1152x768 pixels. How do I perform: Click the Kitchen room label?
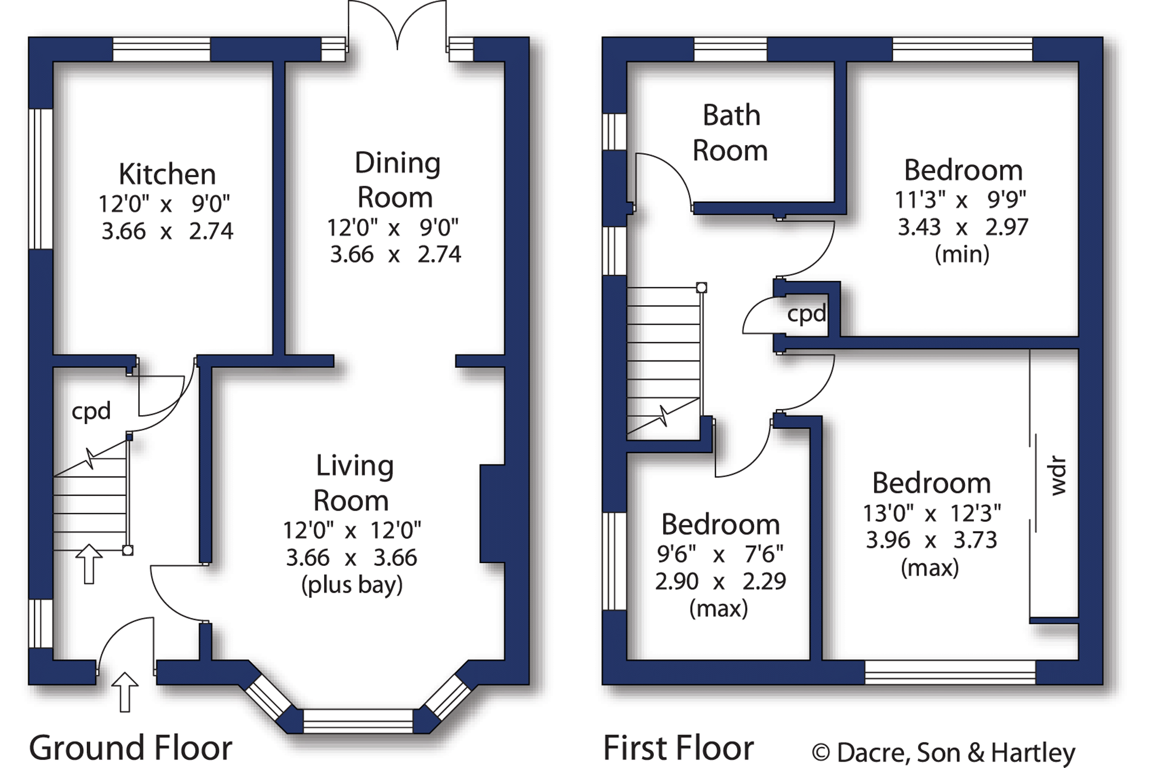[x=167, y=175]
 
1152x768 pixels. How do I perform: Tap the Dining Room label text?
[x=397, y=180]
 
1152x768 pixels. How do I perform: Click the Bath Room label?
[x=730, y=133]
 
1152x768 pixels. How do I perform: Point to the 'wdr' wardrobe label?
[x=1058, y=476]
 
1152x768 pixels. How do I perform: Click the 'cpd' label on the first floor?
[x=806, y=314]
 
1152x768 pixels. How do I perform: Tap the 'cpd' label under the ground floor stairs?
[x=91, y=411]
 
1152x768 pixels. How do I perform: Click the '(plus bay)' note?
[x=352, y=585]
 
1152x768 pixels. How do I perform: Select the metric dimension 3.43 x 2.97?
[x=963, y=227]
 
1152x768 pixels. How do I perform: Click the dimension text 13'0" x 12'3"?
[x=931, y=513]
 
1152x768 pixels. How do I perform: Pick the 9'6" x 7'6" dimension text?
[x=720, y=554]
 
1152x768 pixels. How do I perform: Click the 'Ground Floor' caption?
[x=131, y=748]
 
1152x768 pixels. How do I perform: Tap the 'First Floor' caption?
[x=678, y=748]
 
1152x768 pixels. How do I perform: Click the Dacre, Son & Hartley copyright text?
[x=943, y=752]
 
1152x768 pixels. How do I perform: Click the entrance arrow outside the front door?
[x=125, y=692]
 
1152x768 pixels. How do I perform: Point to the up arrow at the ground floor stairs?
[x=89, y=564]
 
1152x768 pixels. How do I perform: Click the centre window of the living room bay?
[x=358, y=721]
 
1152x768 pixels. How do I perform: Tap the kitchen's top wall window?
[x=161, y=49]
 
